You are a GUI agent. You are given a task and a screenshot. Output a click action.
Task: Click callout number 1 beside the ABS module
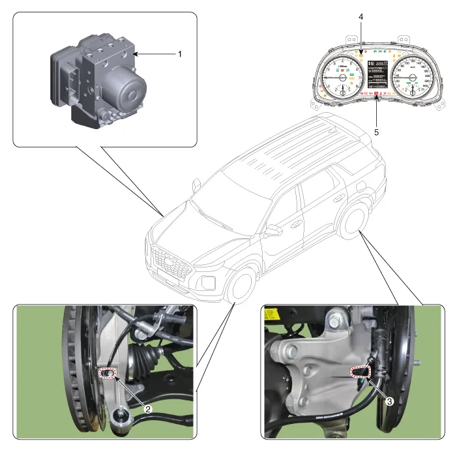[x=179, y=54]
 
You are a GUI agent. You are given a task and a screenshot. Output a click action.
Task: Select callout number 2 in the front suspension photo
[x=148, y=409]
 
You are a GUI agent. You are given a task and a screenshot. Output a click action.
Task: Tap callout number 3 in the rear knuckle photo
[x=389, y=402]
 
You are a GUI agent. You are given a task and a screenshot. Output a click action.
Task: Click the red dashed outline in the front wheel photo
[x=107, y=373]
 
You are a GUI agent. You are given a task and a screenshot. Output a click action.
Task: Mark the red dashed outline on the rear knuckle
[x=360, y=372]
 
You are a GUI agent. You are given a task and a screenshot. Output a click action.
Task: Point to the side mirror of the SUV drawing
[x=272, y=231]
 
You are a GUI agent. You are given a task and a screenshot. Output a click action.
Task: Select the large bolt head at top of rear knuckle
[x=336, y=320]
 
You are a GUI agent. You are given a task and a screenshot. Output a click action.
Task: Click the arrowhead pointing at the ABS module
[x=136, y=54]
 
